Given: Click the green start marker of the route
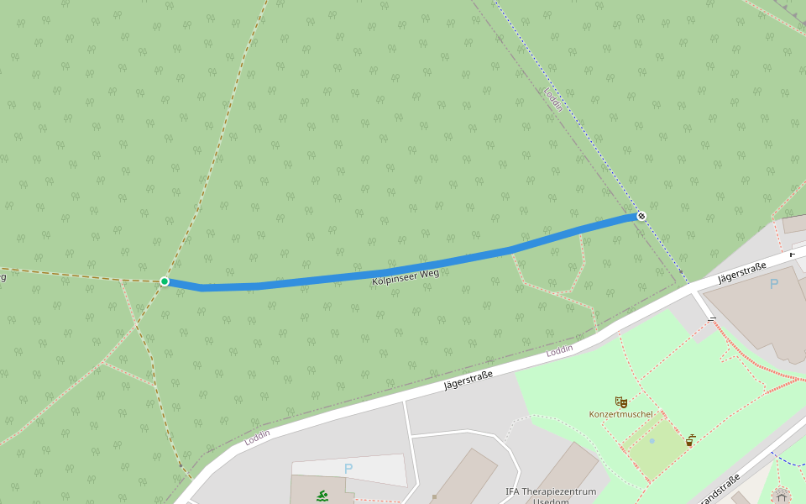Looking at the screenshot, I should click(x=165, y=281).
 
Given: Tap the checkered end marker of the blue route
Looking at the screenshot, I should click(x=641, y=216).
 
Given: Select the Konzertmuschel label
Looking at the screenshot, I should click(x=620, y=414).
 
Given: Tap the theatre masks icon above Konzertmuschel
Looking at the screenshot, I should click(x=620, y=402).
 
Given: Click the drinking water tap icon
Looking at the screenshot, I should click(x=690, y=439).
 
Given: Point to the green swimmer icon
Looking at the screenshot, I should click(x=322, y=496).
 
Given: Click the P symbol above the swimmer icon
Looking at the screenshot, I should click(x=348, y=468).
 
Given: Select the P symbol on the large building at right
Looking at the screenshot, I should click(x=773, y=284).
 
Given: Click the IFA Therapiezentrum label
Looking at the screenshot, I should click(x=550, y=491).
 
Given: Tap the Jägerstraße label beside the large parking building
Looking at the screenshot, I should click(x=742, y=272).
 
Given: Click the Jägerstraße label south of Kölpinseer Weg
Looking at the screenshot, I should click(x=468, y=381).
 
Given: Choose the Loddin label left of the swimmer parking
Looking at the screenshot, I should click(x=257, y=438).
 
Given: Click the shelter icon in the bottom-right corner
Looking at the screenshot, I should click(x=782, y=495).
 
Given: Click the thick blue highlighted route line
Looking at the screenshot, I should click(x=336, y=280).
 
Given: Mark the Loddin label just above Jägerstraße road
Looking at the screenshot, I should click(x=559, y=349).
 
